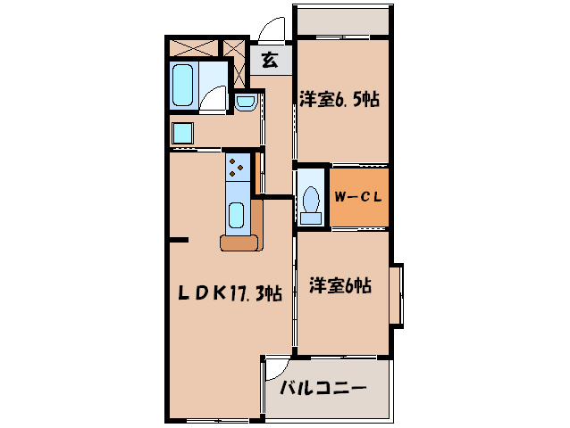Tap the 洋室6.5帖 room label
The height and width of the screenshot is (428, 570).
339,99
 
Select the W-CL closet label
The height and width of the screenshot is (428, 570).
359,198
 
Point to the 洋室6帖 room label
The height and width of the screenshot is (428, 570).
340,286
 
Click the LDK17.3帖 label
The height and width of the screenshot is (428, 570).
231,292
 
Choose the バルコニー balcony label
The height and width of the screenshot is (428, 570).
323,389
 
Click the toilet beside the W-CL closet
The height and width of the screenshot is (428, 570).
311,201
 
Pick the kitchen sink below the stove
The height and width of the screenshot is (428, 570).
238,215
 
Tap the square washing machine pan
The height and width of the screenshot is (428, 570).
183,134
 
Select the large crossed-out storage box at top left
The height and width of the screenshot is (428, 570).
193,47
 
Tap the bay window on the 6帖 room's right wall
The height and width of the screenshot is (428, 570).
397,293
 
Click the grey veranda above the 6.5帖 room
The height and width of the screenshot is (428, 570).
342,21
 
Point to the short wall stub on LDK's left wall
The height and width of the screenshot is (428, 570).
179,240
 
